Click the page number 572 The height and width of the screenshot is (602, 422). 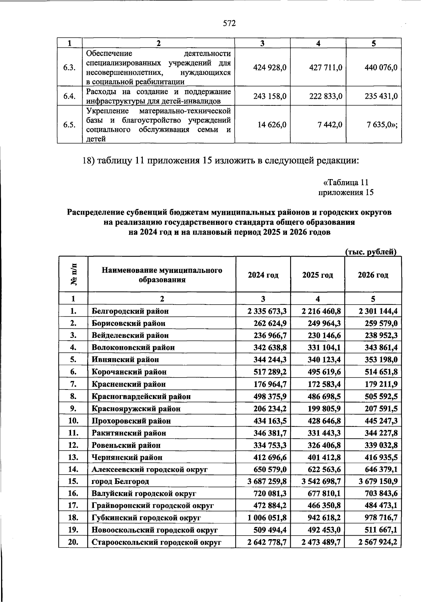pos(229,24)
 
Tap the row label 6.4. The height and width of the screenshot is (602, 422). pos(70,96)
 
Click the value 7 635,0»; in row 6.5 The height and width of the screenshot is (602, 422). pos(381,125)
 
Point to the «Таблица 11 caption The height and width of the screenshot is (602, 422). pos(346,183)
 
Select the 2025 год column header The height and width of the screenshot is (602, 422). pos(318,275)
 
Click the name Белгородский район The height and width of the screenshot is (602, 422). pos(130,311)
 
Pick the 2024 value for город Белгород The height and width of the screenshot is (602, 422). pos(267,482)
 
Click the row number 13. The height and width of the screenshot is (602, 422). pos(73,457)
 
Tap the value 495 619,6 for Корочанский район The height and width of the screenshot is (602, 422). pos(321,372)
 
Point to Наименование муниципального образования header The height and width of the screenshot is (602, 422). pos(162,275)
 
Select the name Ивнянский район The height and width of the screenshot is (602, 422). pos(125,360)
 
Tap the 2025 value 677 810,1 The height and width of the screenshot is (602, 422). pos(321,494)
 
